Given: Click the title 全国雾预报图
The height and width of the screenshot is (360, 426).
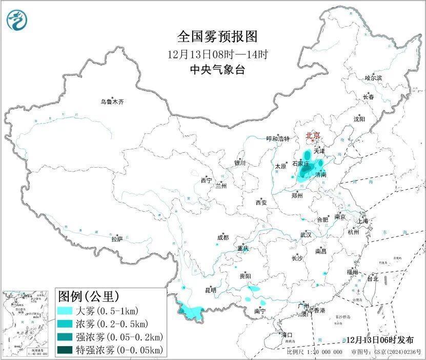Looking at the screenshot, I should (217, 36).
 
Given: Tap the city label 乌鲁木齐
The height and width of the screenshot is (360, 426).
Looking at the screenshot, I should (112, 102).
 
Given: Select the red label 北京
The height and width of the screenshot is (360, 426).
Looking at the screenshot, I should (313, 136).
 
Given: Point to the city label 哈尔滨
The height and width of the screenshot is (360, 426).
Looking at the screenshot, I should (373, 78).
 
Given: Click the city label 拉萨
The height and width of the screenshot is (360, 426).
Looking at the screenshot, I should (117, 239).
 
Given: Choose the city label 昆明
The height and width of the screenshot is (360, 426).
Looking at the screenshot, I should (211, 290).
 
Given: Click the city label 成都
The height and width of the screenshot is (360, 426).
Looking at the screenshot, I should (223, 237).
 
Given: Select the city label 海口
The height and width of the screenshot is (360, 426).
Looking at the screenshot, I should (287, 335).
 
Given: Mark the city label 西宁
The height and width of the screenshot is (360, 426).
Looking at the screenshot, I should (206, 181).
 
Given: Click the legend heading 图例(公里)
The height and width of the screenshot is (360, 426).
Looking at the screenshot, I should (89, 296).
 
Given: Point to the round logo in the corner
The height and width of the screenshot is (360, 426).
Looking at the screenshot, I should (17, 20).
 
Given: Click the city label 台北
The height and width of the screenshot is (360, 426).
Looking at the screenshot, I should (372, 279).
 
